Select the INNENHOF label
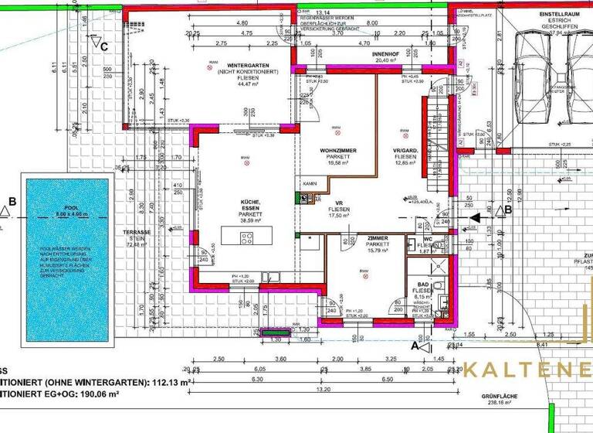(x=384, y=55)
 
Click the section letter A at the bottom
(x=415, y=348)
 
